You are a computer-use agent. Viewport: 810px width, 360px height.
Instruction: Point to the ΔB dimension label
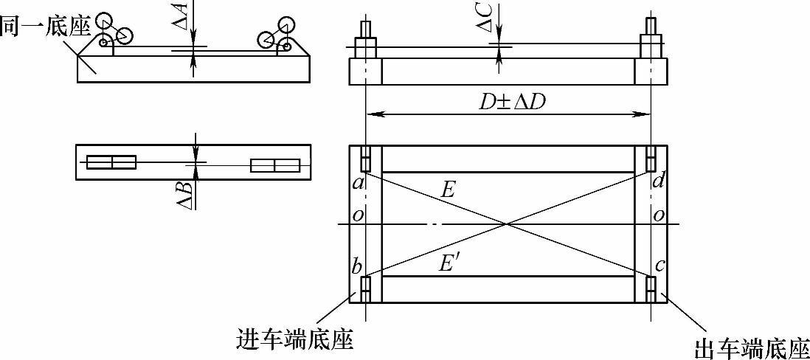click(x=187, y=194)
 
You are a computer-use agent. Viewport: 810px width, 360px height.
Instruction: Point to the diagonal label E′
click(x=449, y=263)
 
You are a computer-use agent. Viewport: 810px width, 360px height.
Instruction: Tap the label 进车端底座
click(x=294, y=339)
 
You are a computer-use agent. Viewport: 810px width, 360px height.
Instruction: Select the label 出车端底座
click(x=752, y=347)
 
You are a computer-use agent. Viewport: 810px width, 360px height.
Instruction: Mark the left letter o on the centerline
click(x=358, y=215)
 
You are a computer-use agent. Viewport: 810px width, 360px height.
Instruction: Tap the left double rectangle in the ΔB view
click(x=111, y=162)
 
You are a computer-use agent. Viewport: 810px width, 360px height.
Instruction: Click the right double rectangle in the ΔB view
click(x=274, y=165)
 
